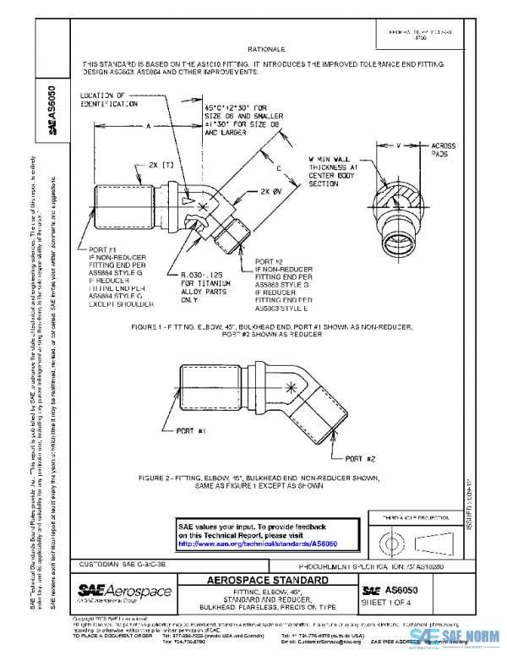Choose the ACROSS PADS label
point(444,150)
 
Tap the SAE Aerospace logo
point(124,591)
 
